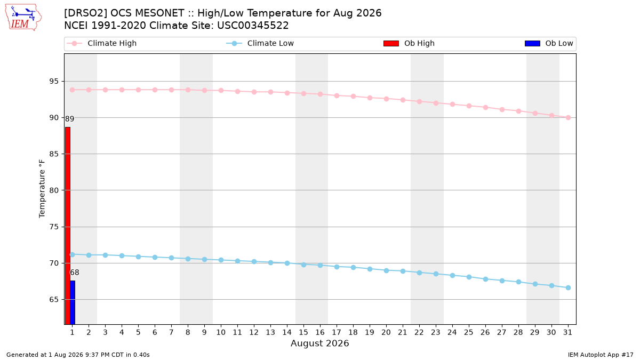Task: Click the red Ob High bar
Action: tap(68, 226)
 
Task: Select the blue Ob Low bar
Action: tap(73, 302)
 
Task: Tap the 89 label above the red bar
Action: tap(69, 119)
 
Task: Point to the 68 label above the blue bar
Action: tap(75, 273)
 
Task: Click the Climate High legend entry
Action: tap(102, 43)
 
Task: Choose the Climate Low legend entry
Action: tap(260, 43)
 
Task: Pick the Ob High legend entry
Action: tap(409, 43)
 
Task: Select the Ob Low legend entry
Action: tap(549, 43)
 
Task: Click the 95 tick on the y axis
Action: tap(54, 82)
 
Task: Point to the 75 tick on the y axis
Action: tap(54, 227)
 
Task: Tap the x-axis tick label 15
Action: tap(303, 333)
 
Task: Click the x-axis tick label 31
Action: tap(567, 333)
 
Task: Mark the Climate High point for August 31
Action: tap(569, 118)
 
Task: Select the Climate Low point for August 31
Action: tap(569, 287)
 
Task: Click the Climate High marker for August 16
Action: tap(321, 94)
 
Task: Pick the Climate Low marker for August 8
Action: tap(188, 259)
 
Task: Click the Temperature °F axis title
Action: tap(42, 189)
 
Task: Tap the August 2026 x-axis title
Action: tap(319, 343)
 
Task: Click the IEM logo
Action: tap(23, 18)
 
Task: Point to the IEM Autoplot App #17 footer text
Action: tap(601, 355)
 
